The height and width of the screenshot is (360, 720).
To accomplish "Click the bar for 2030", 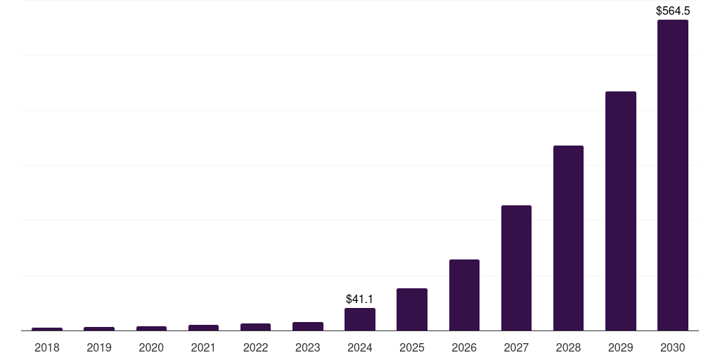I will coord(672,175).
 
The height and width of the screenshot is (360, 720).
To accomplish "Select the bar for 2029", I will coord(620,211).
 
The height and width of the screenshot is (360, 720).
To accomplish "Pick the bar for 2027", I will coord(516,268).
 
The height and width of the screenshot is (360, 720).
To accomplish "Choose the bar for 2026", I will coord(464,295).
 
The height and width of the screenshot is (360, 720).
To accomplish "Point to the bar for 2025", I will coord(412,309).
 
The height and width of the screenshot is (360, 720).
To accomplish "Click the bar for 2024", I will coord(360,319).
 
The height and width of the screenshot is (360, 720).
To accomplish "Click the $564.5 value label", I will coord(673,11).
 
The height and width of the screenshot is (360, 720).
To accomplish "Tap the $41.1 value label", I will coord(359,299).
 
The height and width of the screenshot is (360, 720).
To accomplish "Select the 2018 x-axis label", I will coord(47,347).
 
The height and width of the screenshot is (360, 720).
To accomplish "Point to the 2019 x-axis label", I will coord(99,347).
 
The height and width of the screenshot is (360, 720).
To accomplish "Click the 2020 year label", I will coord(151,347).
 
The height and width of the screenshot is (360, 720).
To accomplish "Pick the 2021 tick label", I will coord(203,347).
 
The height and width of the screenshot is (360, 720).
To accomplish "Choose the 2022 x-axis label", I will coord(255,347).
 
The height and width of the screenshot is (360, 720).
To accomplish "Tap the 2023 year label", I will coord(307,347).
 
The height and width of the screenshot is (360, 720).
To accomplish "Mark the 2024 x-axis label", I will coord(360,347).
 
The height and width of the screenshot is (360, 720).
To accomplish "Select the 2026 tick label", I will coord(464,347).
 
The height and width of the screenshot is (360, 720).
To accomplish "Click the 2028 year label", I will coord(568,347).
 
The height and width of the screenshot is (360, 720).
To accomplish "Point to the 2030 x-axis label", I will coord(672,347).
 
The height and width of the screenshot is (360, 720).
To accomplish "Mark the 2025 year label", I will coord(412,347).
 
